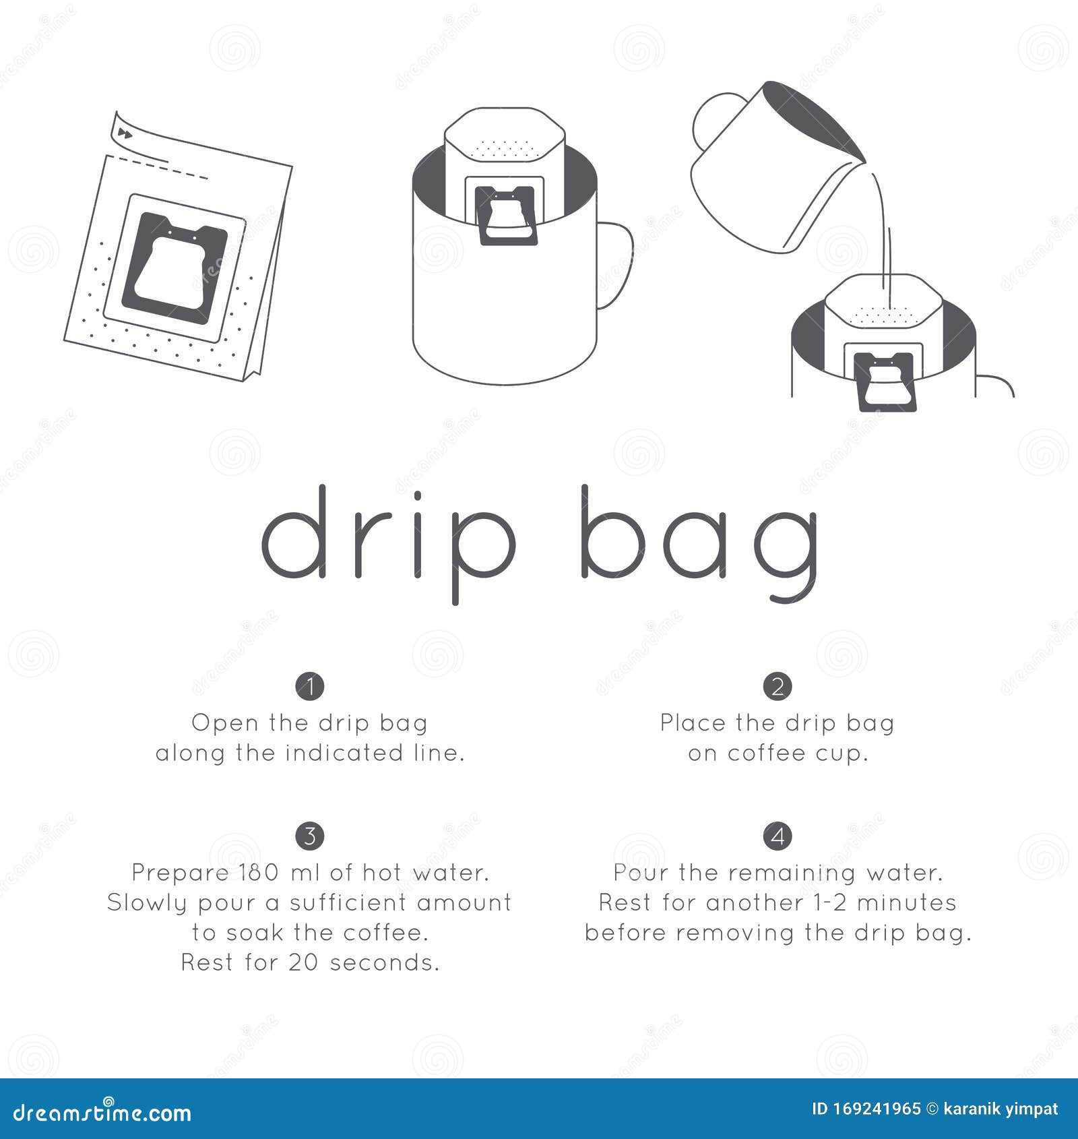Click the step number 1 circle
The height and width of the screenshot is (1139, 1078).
coord(310,686)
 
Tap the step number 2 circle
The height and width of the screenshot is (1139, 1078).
coord(778,686)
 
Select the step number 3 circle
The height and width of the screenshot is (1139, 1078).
coord(310,836)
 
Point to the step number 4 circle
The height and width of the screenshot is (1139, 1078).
coord(778,836)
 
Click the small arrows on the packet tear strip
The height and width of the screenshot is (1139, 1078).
coord(124,133)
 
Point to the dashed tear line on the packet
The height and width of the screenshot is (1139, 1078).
coord(158,166)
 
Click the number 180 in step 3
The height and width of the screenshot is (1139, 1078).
coord(259,872)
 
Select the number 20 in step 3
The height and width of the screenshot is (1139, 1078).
coord(303,962)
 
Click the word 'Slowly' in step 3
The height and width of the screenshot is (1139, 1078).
coord(148,903)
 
